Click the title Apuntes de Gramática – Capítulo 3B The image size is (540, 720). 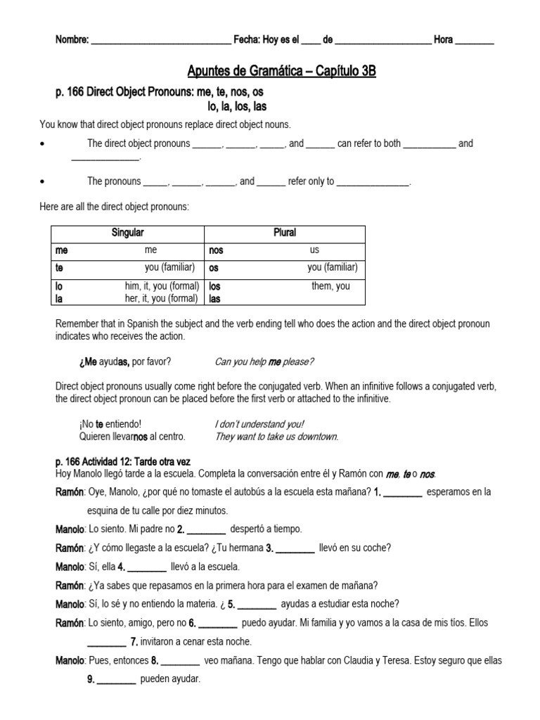tap(281, 71)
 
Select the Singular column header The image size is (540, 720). tap(127, 233)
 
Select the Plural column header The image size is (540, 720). tap(284, 233)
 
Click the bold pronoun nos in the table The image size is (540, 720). tap(216, 250)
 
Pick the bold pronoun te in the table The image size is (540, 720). tap(60, 268)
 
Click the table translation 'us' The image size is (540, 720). tap(314, 250)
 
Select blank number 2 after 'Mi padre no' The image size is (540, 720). tap(207, 529)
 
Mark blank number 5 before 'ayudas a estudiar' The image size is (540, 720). tap(257, 603)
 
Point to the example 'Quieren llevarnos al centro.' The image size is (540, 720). tap(133, 437)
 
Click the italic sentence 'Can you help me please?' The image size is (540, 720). tap(264, 362)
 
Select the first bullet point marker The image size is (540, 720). tap(44, 143)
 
